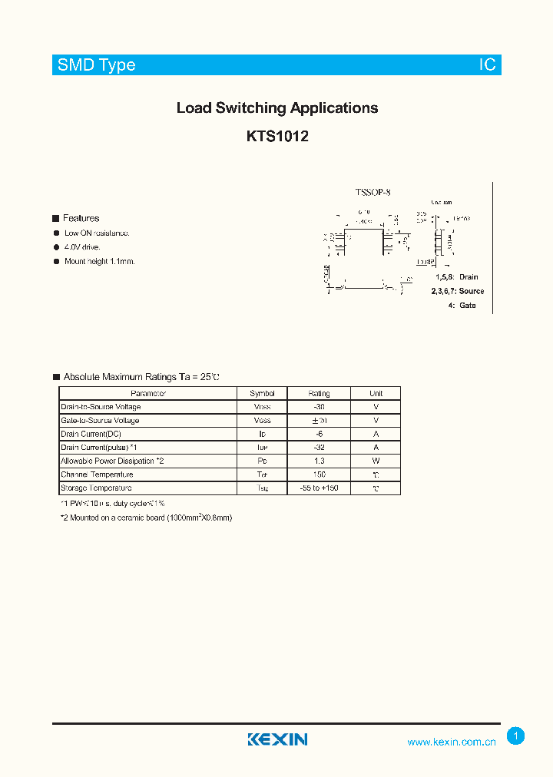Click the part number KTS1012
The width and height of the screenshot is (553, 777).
277,137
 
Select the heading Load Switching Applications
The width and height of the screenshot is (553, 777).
277,108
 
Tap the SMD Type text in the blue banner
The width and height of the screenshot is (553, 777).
96,65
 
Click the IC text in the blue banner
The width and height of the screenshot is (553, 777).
488,65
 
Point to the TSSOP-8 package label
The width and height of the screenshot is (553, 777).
373,193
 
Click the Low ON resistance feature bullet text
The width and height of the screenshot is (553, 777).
97,233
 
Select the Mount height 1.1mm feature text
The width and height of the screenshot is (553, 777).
99,262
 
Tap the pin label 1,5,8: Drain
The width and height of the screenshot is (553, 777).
456,276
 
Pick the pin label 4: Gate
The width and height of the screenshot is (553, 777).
462,306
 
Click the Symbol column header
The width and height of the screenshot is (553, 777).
262,394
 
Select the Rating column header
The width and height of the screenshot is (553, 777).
319,394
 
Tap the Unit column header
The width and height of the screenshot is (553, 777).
376,394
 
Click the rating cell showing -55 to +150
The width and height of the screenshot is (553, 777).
319,488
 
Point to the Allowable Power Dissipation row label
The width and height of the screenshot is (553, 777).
112,461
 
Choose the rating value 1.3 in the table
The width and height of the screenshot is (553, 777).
319,461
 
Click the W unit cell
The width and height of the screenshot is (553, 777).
376,461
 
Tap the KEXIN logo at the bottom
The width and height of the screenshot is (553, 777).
277,739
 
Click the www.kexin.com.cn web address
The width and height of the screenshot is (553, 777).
452,742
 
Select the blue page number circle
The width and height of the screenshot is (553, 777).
516,736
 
